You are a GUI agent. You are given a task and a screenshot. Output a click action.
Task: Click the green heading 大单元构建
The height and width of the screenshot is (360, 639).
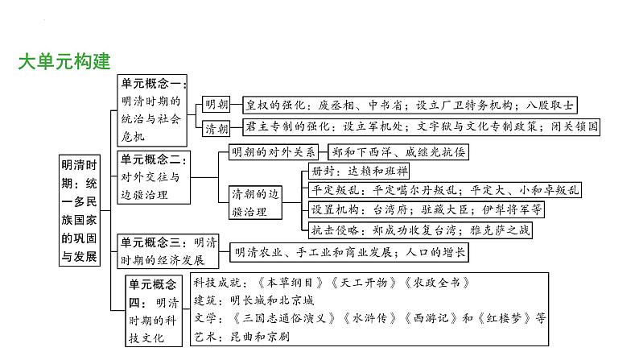(x=64, y=61)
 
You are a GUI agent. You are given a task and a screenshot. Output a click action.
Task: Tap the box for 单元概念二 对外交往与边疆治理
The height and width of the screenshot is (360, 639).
(x=154, y=176)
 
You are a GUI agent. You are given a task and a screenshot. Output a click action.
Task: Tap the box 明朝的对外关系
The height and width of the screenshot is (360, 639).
(x=273, y=151)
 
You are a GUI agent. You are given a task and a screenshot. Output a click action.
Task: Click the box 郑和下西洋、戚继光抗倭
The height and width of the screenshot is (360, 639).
(x=398, y=151)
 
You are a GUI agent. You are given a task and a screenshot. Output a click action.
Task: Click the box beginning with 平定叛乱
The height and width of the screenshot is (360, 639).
(x=443, y=190)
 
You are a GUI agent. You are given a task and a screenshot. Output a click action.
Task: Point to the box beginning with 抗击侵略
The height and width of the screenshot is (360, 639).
(x=427, y=230)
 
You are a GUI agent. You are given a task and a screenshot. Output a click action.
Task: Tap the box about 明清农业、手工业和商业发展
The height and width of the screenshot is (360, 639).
(x=349, y=253)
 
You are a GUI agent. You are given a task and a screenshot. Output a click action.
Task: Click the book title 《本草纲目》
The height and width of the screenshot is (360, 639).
(x=279, y=283)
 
